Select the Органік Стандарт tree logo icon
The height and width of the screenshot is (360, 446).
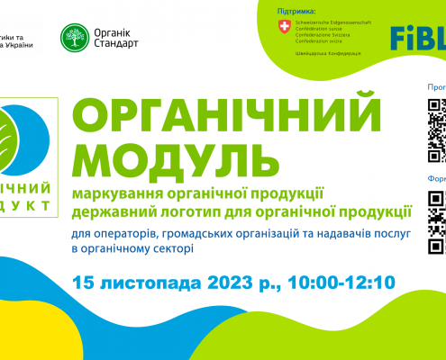[74, 35]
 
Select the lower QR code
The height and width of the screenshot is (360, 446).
[436, 209]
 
